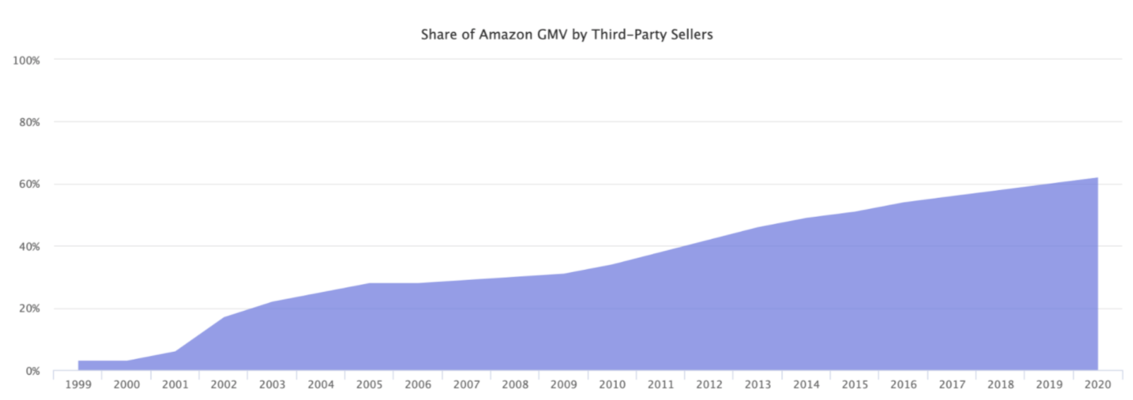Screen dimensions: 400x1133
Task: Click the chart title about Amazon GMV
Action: (566, 34)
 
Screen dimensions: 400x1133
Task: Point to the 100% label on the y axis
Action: (26, 61)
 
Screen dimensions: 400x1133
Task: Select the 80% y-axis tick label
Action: (28, 122)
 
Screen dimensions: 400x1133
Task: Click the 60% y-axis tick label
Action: (28, 184)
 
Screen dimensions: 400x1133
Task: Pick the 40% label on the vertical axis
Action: (28, 247)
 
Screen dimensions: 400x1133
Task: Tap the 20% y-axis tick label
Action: (28, 309)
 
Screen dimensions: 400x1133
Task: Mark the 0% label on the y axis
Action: (33, 371)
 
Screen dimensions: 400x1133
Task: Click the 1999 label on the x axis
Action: (78, 385)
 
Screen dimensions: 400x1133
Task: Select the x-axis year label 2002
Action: (223, 385)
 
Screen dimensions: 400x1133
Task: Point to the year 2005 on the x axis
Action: (369, 385)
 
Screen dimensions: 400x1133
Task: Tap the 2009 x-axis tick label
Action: (563, 385)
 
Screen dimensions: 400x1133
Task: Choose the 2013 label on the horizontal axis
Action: (758, 385)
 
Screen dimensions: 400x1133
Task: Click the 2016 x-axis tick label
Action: (903, 385)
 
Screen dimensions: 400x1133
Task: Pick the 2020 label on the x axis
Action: (1097, 385)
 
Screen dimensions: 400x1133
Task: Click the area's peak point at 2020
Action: (1097, 178)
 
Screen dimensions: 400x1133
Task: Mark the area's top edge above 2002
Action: (223, 317)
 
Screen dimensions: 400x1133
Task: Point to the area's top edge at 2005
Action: (369, 283)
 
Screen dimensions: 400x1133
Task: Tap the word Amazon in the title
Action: (505, 34)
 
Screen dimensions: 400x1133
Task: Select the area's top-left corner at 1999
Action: (78, 361)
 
